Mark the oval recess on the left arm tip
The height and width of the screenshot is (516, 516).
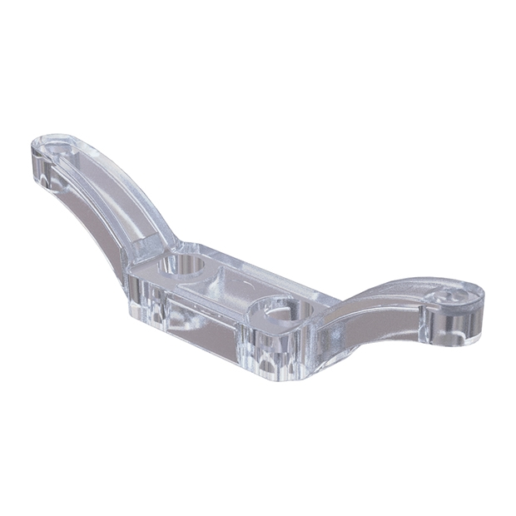[62, 148]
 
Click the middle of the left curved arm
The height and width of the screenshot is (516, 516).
[117, 187]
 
